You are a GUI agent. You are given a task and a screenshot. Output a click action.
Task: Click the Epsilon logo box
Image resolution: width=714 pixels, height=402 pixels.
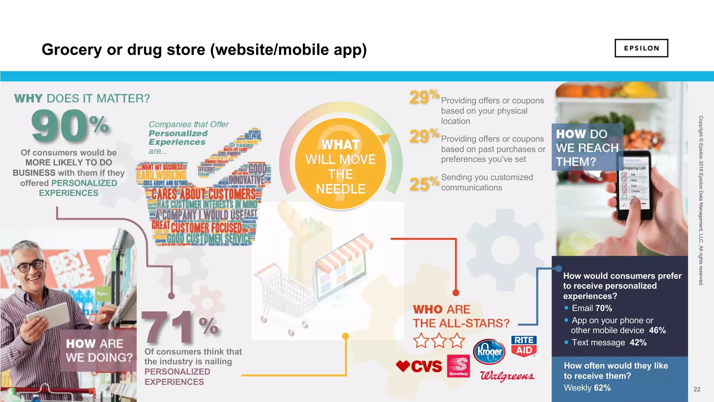[x=641, y=48]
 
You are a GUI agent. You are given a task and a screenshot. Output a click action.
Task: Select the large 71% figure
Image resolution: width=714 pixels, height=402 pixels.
[x=180, y=327]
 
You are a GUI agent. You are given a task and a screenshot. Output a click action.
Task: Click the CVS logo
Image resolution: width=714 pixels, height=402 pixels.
[x=419, y=366]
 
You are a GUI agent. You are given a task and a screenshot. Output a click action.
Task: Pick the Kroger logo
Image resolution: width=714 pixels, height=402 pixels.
[x=489, y=351]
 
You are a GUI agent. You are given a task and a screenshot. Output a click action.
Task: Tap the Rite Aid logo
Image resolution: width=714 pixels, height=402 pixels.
[x=524, y=345]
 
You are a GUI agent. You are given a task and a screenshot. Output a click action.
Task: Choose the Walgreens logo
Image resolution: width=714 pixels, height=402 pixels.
[x=507, y=376]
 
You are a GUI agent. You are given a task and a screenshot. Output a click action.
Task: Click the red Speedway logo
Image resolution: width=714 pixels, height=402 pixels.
[x=458, y=366]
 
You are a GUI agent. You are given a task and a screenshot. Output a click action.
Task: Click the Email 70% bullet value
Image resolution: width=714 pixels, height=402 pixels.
[x=603, y=308]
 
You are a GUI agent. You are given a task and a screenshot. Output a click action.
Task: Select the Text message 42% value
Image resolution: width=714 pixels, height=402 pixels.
[x=638, y=343]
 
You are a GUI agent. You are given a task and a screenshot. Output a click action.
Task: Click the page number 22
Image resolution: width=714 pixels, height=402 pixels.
[x=697, y=389]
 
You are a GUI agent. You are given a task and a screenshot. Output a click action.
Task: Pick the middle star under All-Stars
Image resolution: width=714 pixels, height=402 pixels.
[x=439, y=340]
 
